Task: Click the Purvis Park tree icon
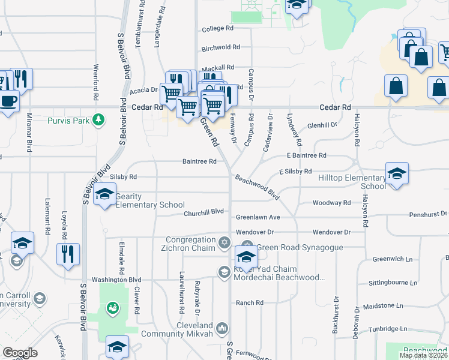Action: tap(100, 121)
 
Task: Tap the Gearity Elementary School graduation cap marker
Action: tap(104, 194)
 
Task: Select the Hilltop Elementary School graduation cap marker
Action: tap(397, 174)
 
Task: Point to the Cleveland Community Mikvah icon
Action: tap(222, 328)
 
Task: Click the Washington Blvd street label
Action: tap(116, 280)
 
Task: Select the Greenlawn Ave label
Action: tap(258, 217)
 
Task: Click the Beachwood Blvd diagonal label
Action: tap(258, 187)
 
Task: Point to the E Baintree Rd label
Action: tap(306, 155)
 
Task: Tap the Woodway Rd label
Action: tap(331, 203)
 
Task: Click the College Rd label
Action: tap(217, 29)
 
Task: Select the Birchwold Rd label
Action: tap(221, 47)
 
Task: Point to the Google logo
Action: tap(20, 353)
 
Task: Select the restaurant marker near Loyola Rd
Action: tap(67, 253)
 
